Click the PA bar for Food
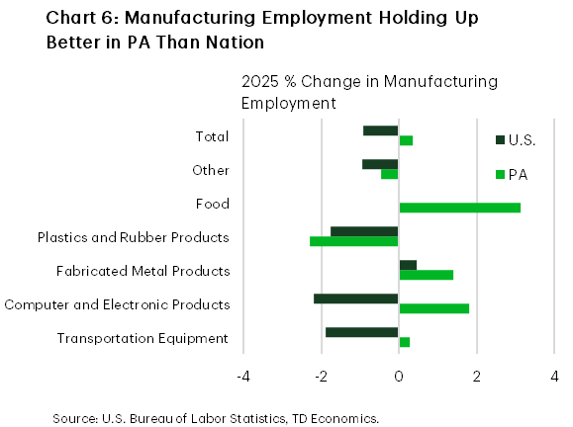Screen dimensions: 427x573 (x=459, y=208)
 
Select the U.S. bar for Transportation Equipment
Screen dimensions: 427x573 (x=362, y=332)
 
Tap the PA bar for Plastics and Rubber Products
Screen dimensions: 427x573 (x=354, y=241)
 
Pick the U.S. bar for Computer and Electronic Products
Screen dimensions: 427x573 (x=356, y=299)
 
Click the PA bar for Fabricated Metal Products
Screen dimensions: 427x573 (x=426, y=275)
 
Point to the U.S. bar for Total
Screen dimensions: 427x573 (x=381, y=130)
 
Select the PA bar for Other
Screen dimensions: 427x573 (x=390, y=174)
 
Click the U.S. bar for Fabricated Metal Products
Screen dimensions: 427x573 (x=408, y=265)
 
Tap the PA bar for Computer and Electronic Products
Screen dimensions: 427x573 (x=433, y=308)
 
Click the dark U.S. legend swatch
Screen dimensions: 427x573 (x=500, y=140)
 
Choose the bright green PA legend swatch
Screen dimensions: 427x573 (x=500, y=175)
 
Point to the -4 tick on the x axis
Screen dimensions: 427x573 (x=242, y=376)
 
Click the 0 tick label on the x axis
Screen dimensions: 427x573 (x=399, y=376)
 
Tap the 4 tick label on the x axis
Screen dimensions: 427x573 (x=554, y=376)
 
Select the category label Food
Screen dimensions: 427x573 (x=213, y=204)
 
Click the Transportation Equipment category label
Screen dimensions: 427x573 (x=143, y=338)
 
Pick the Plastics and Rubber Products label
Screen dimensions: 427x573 (x=133, y=237)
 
